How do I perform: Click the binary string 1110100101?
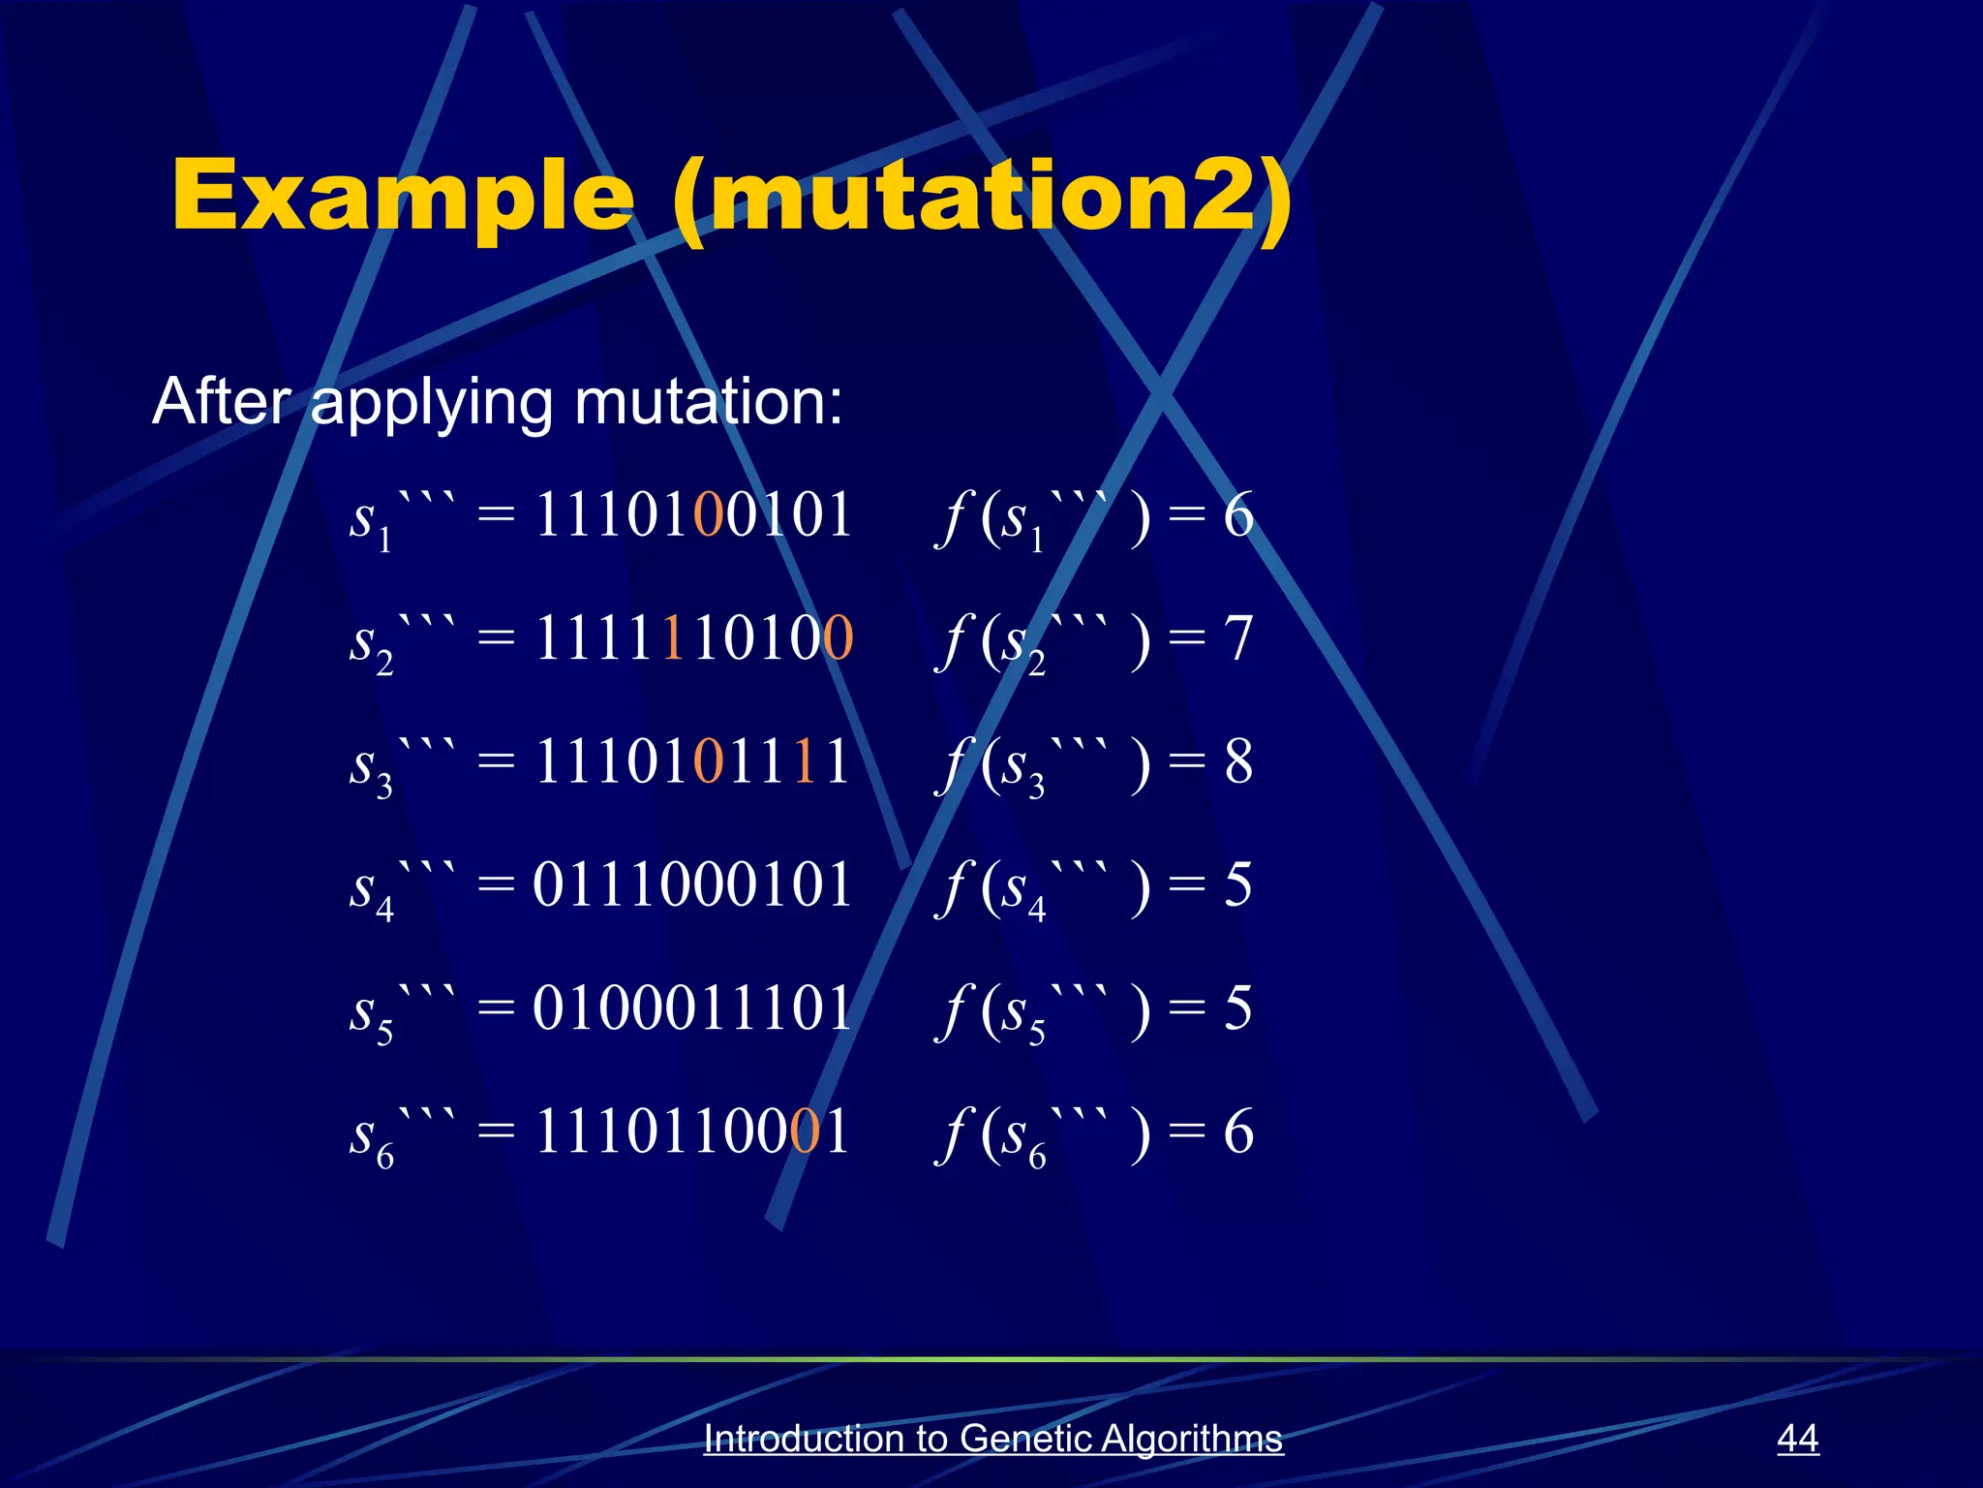coord(692,514)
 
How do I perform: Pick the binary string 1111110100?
coord(692,638)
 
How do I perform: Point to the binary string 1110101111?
coord(692,761)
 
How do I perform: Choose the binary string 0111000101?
coord(692,884)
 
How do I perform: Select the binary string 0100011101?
coord(692,1007)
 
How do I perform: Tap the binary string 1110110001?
coord(692,1131)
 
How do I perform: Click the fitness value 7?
coord(1238,638)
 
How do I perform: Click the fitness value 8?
coord(1238,761)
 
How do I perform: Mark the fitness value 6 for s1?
coord(1238,514)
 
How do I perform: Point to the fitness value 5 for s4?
coord(1238,884)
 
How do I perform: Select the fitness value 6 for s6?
coord(1238,1131)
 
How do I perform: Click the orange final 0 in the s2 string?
coord(838,638)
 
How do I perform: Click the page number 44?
coord(1797,1438)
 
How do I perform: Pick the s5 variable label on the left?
coord(372,1012)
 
